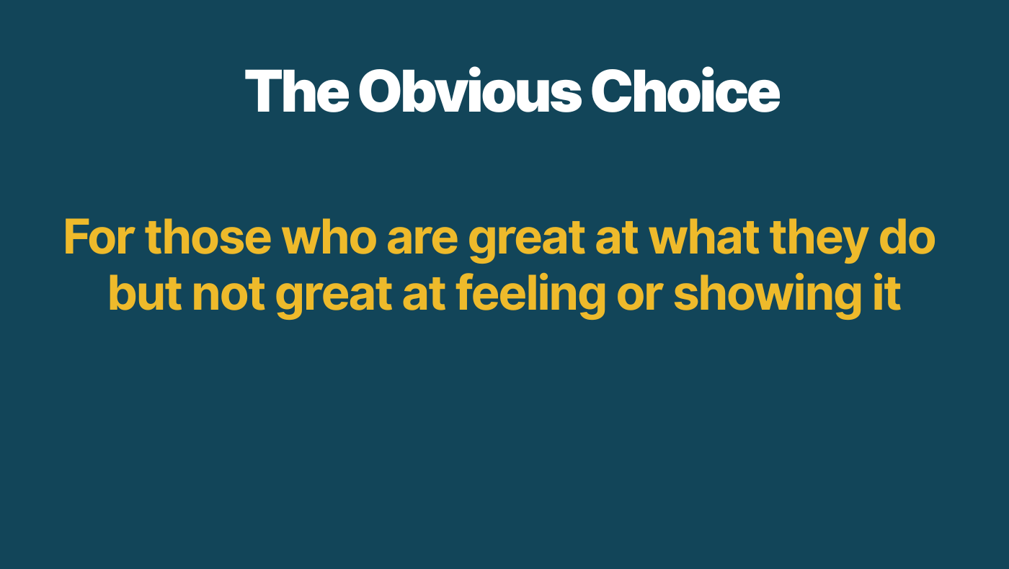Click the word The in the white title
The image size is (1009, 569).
coord(297,91)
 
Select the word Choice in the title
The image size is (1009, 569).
coord(685,91)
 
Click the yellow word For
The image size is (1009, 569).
coord(99,237)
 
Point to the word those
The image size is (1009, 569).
coord(208,237)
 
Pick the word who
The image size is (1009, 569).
coord(329,237)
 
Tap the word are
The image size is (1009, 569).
coord(422,241)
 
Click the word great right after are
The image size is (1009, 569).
coord(527,241)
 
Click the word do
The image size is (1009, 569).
coord(907,237)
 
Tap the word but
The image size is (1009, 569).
coord(146,292)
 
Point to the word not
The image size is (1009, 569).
coord(229,295)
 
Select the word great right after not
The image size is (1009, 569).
coord(334,297)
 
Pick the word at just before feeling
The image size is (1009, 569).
coord(424,295)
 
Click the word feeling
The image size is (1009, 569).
coord(530,296)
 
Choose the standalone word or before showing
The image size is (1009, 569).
coord(640,297)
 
